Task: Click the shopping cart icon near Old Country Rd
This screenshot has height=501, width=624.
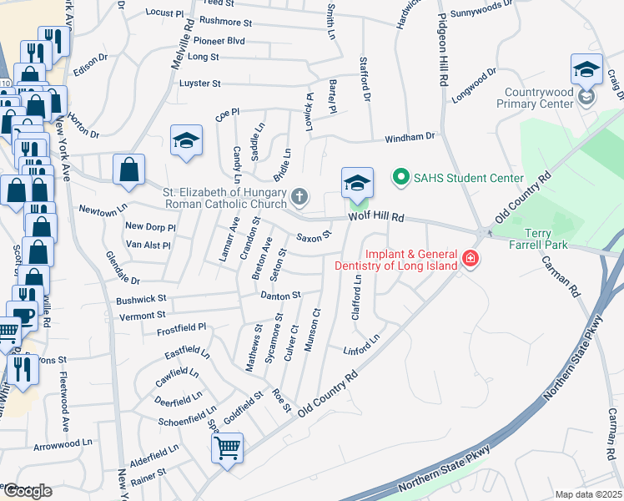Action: [x=227, y=448]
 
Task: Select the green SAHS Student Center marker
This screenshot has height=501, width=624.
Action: [x=401, y=178]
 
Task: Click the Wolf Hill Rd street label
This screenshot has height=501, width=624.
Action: [x=376, y=217]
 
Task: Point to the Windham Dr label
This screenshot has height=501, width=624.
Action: [x=410, y=136]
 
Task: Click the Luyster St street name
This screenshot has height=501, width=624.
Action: [x=199, y=83]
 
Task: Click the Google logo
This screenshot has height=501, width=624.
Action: [x=28, y=490]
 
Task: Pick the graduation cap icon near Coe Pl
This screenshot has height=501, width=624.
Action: [x=186, y=139]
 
